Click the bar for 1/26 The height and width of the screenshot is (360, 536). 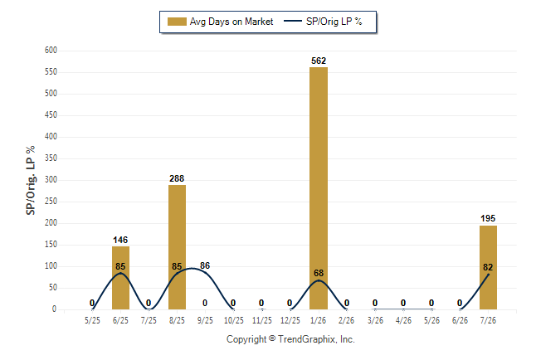319,188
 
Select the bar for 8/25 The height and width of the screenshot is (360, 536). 177,247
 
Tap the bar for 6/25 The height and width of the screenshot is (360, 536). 120,278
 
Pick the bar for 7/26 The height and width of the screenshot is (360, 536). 488,267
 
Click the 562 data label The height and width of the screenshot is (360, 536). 319,61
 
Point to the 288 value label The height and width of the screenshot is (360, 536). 177,178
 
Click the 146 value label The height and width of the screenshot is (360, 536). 120,240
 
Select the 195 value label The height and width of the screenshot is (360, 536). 488,218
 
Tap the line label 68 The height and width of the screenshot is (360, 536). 319,273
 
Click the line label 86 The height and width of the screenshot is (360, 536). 205,265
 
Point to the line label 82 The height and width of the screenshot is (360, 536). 488,267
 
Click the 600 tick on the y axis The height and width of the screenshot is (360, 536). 51,51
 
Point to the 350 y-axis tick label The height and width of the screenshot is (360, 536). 51,158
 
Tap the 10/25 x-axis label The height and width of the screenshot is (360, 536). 234,320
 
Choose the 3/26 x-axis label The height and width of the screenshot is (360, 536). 375,320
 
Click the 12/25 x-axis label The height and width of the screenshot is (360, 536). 290,320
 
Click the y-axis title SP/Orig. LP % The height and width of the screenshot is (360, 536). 31,180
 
